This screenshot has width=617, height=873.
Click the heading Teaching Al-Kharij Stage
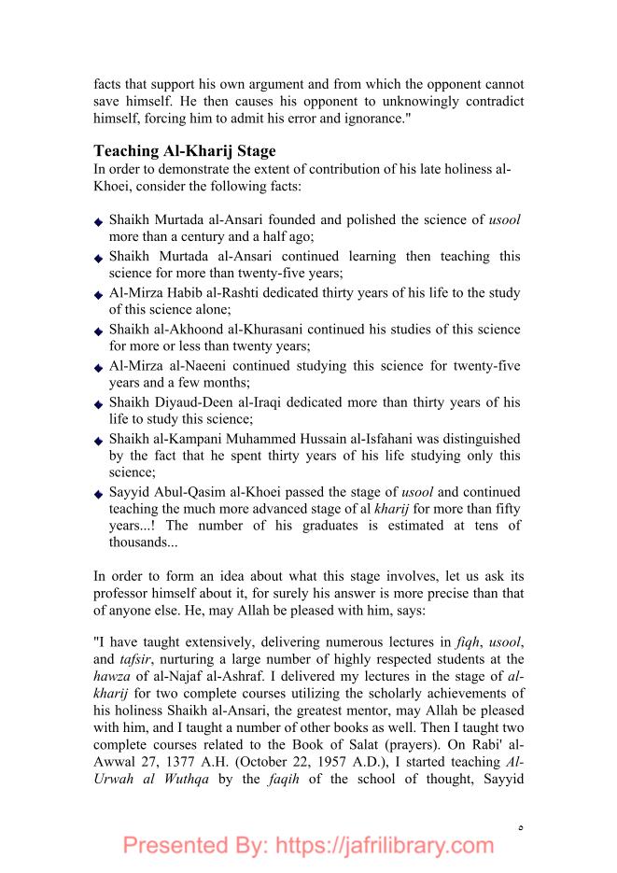click(x=185, y=151)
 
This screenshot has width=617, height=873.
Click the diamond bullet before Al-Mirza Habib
click(x=99, y=294)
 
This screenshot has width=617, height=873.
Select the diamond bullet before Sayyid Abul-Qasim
click(x=99, y=493)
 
